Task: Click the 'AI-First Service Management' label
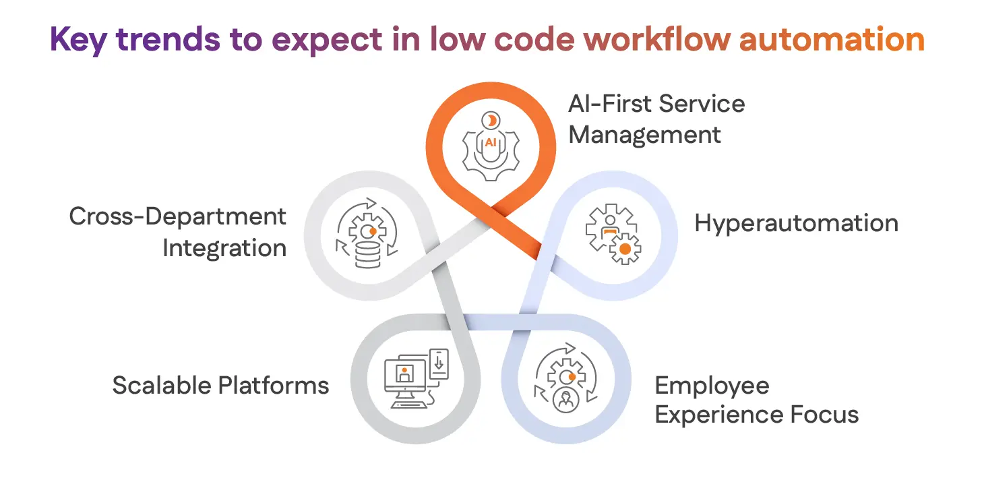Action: tap(656, 119)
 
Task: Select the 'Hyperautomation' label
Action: tap(796, 224)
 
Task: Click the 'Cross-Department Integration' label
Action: tap(178, 232)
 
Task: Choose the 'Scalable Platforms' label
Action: tap(220, 386)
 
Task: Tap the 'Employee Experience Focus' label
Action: tap(756, 400)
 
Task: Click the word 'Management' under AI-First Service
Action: tap(644, 135)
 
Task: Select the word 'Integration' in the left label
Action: tap(224, 248)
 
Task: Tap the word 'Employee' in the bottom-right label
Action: tap(712, 386)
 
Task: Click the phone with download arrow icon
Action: tap(439, 365)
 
